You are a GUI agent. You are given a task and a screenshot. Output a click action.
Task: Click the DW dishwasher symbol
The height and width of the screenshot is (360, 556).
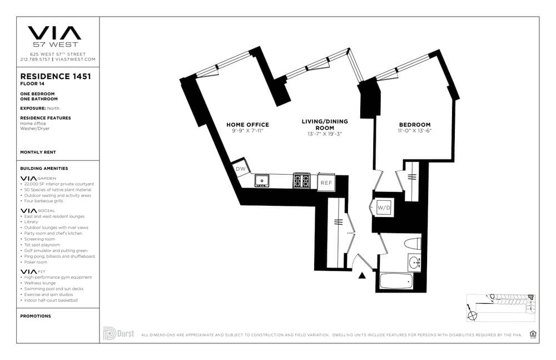coord(241,169)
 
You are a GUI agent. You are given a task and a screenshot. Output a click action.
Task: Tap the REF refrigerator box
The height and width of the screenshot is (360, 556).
coord(326,182)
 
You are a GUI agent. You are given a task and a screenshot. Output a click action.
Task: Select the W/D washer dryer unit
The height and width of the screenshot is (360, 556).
coord(383,208)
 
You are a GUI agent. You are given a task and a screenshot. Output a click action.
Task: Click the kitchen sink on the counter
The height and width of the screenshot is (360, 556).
coord(261,180)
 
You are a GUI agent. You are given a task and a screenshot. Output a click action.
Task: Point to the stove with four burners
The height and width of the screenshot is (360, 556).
coord(302,180)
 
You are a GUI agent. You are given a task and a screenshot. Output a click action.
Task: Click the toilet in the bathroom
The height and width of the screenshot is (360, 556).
coord(412,243)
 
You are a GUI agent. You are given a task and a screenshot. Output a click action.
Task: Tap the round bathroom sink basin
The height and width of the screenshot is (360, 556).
coord(413,263)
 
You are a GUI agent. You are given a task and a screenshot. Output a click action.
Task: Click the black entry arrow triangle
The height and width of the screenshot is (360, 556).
coord(363,275)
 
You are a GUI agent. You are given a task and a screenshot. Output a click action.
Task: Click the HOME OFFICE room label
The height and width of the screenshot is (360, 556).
coord(247,125)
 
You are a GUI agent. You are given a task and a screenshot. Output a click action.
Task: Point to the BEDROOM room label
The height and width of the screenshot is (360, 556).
coord(414,125)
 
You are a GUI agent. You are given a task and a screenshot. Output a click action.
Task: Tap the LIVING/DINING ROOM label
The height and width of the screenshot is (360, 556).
coord(325,124)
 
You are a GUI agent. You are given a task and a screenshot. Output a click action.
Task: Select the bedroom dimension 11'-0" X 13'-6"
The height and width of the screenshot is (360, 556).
coord(414,131)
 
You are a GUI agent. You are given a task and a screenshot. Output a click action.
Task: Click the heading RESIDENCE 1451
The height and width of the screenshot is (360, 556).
coord(56,77)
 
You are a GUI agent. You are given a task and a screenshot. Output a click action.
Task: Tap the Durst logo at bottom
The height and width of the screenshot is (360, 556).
coord(118,334)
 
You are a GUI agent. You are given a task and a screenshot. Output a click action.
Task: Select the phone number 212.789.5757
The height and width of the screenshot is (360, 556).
coord(36,59)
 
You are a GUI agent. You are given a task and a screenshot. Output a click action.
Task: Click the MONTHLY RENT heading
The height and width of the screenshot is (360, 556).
coord(38,152)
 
